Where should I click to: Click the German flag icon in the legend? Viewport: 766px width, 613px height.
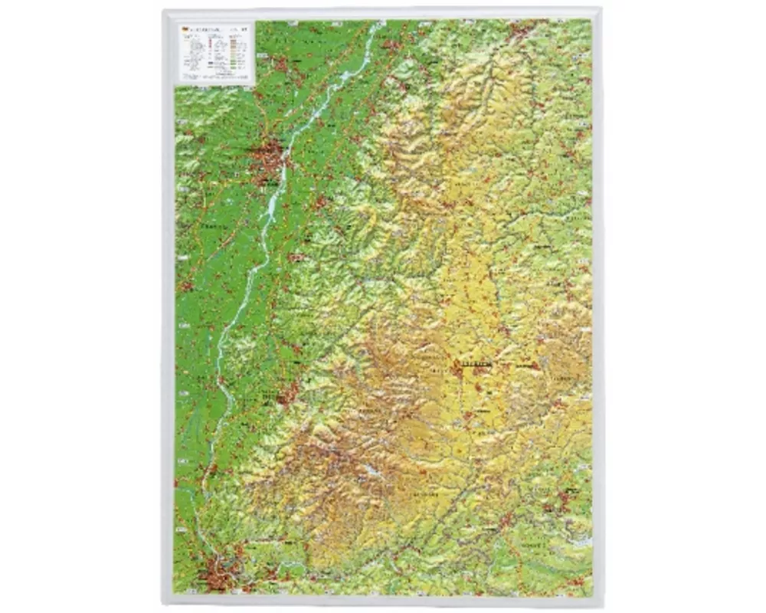[185, 30]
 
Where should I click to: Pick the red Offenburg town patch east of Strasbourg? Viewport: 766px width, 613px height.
[319, 203]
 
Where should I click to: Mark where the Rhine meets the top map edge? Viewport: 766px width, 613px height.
[378, 23]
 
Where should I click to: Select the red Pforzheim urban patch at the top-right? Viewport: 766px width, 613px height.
[527, 31]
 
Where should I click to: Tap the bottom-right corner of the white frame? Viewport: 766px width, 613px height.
[602, 602]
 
